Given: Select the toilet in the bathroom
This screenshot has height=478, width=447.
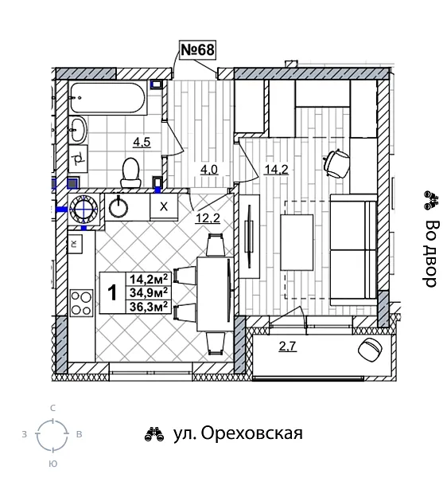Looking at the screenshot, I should click(131, 170).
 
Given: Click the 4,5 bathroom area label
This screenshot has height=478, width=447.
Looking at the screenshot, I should click(142, 143).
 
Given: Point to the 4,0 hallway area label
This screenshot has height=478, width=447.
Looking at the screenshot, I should click(209, 169).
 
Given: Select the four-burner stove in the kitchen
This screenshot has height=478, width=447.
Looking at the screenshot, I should click(80, 304).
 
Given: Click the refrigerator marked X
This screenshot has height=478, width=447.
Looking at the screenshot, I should click(164, 207).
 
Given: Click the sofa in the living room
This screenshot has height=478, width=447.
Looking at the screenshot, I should click(352, 251).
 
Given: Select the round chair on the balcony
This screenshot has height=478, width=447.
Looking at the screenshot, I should click(371, 347).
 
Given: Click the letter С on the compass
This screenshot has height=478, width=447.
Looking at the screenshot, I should click(52, 408).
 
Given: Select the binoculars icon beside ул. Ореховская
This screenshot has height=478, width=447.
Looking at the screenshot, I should click(154, 434).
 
